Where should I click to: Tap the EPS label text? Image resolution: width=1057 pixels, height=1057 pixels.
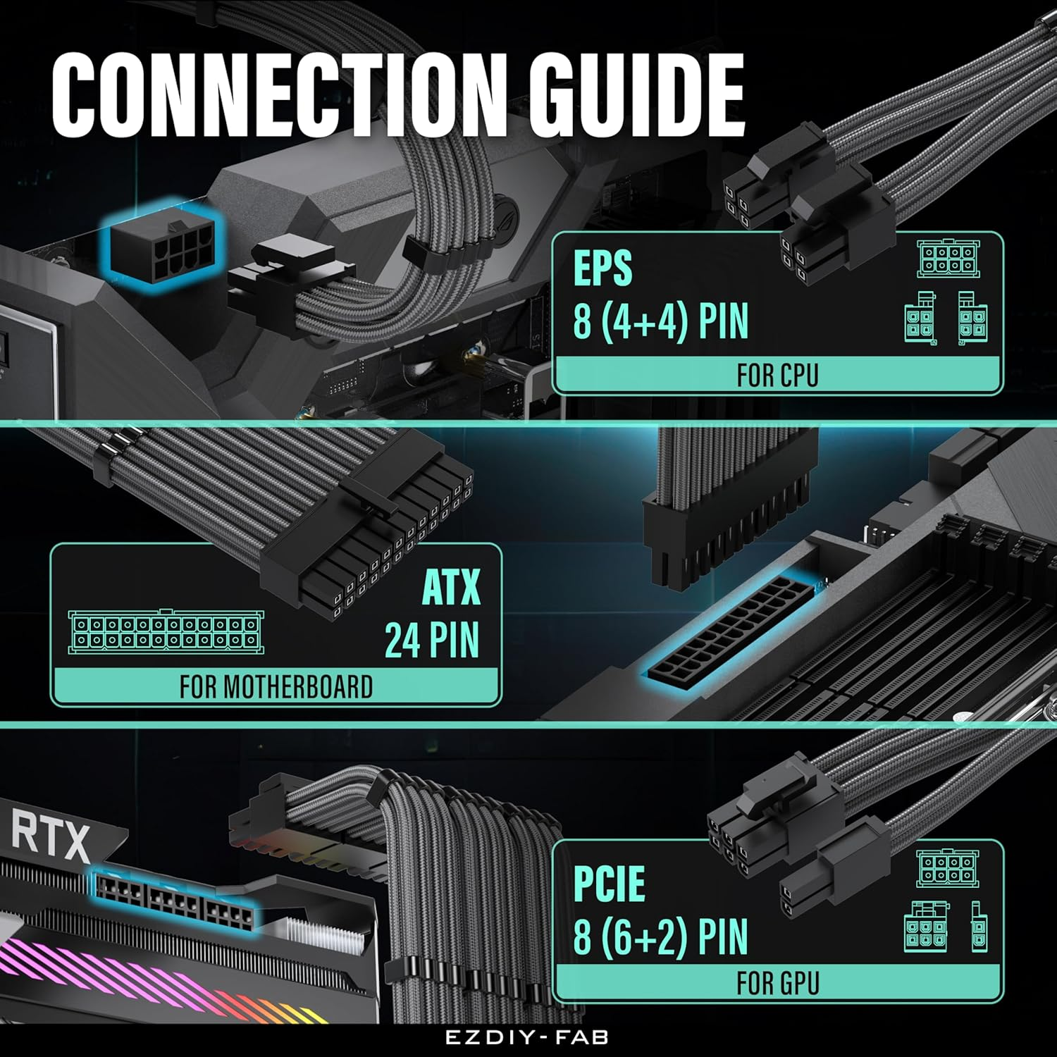pos(602,268)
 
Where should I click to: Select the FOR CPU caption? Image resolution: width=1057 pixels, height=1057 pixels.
pos(777,375)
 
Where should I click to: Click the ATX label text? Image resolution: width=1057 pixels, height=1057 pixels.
pos(451,587)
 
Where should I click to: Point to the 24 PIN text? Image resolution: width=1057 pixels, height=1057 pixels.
pos(432,640)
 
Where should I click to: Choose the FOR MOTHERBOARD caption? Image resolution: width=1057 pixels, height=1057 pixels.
pos(276,686)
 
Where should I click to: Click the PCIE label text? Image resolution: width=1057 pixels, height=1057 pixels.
pos(609,883)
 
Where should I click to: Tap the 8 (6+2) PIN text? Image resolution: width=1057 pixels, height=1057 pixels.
pos(660,937)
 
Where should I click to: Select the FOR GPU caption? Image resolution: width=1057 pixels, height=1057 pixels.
pos(778,983)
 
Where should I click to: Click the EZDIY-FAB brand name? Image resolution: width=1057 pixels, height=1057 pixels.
pos(527,1037)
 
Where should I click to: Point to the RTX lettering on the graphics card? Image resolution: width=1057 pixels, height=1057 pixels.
pos(51,837)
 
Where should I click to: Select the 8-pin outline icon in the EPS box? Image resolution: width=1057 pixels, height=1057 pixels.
pos(948,259)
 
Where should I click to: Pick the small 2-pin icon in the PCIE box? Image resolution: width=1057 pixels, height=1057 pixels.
pos(979,926)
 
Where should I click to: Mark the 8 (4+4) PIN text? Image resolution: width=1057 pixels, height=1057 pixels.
pos(660,321)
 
